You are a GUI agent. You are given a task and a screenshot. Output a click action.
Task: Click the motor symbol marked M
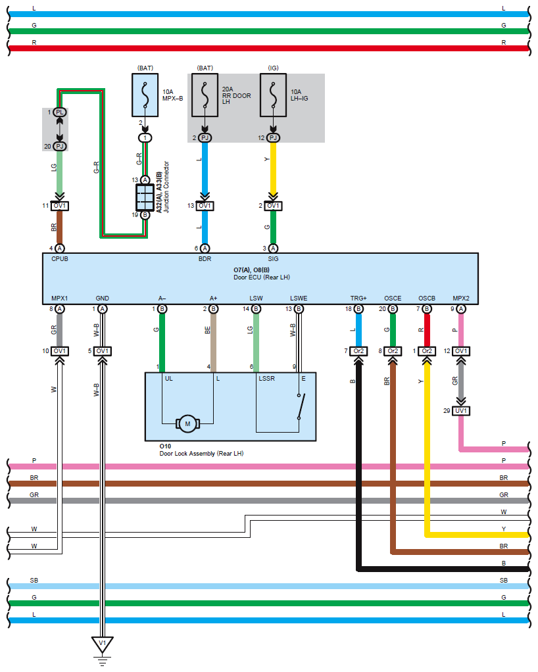pyautogui.click(x=187, y=424)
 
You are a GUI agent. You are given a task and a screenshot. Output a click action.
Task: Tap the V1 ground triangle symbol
pyautogui.click(x=102, y=644)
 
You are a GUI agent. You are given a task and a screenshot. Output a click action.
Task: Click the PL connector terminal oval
pyautogui.click(x=60, y=112)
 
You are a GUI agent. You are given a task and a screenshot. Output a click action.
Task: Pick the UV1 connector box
pyautogui.click(x=461, y=411)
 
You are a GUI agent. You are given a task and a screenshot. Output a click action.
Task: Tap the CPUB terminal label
pyautogui.click(x=60, y=259)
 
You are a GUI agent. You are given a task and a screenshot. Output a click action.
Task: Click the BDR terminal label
pyautogui.click(x=205, y=259)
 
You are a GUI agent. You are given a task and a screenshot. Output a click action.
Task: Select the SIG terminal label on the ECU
pyautogui.click(x=273, y=259)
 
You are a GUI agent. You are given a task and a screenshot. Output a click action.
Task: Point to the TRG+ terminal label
pyautogui.click(x=358, y=299)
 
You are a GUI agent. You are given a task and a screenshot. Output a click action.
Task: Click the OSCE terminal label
pyautogui.click(x=393, y=299)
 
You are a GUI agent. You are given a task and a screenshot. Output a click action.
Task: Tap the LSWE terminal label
pyautogui.click(x=299, y=299)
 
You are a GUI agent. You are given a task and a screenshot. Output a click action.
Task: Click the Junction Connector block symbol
pyautogui.click(x=145, y=196)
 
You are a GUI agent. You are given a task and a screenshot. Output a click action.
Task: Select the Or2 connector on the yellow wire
pyautogui.click(x=427, y=351)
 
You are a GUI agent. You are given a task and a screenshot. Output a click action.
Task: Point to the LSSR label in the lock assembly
pyautogui.click(x=266, y=379)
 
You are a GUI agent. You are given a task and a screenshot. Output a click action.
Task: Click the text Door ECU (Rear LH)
pyautogui.click(x=261, y=277)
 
